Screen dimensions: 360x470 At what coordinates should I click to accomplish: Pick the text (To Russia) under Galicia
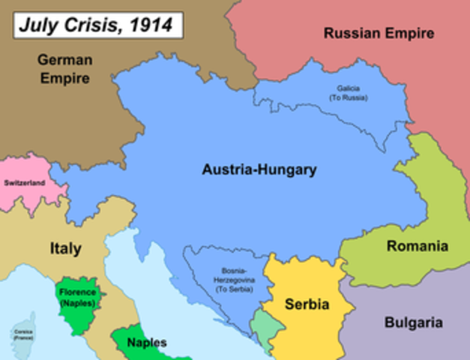point(349,97)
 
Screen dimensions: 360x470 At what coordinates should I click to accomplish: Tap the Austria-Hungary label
point(259,169)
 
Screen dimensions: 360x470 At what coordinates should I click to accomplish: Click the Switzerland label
point(25,183)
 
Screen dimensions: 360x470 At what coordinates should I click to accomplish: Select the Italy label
point(66,248)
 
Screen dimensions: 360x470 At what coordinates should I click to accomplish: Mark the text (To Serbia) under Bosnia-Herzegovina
point(232,289)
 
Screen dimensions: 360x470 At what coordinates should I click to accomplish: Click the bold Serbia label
point(308,304)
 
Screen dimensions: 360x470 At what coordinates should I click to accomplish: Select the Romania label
point(417,246)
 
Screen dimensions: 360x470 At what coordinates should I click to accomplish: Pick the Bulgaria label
point(414,323)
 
